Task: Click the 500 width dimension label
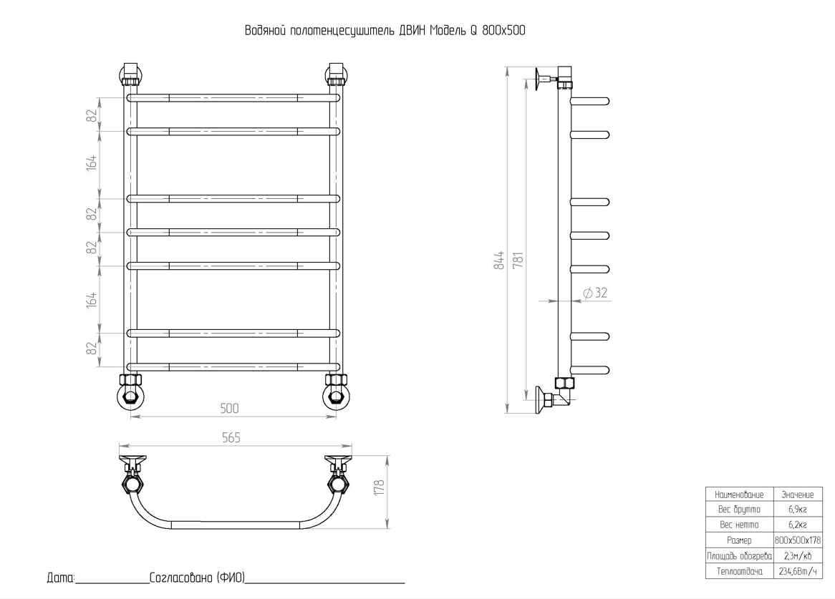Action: tap(230, 408)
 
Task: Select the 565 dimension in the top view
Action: tap(231, 437)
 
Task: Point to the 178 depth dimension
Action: tap(379, 488)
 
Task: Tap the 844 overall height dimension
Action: tap(499, 260)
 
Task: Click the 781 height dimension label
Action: tap(518, 260)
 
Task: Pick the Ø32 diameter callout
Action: tap(595, 293)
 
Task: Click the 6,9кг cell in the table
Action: tap(797, 509)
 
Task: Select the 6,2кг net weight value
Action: tap(797, 525)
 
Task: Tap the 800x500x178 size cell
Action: tap(798, 540)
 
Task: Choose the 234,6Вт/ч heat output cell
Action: tap(798, 571)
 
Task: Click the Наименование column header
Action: tap(739, 495)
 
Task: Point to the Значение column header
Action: tap(798, 495)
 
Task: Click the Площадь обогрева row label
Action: tap(739, 556)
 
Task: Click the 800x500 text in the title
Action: tap(503, 30)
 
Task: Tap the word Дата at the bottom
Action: tap(62, 578)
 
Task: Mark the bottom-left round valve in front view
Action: tap(130, 397)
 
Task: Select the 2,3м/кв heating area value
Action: tap(798, 556)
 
